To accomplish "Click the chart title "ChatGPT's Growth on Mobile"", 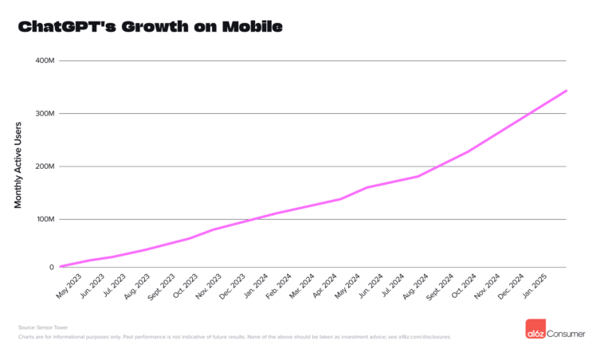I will [x=150, y=27].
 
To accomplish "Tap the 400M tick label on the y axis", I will [x=45, y=61].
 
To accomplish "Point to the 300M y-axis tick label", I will [x=45, y=114].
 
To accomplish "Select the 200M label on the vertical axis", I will [x=45, y=166].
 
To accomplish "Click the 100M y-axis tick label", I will [x=45, y=219].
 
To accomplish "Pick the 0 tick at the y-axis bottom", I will [x=50, y=267].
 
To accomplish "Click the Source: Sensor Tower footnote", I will [x=39, y=327].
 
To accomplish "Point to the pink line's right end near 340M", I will [x=566, y=91].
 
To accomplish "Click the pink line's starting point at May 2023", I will [x=61, y=266].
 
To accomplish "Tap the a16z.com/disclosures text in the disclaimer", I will [x=429, y=337].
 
